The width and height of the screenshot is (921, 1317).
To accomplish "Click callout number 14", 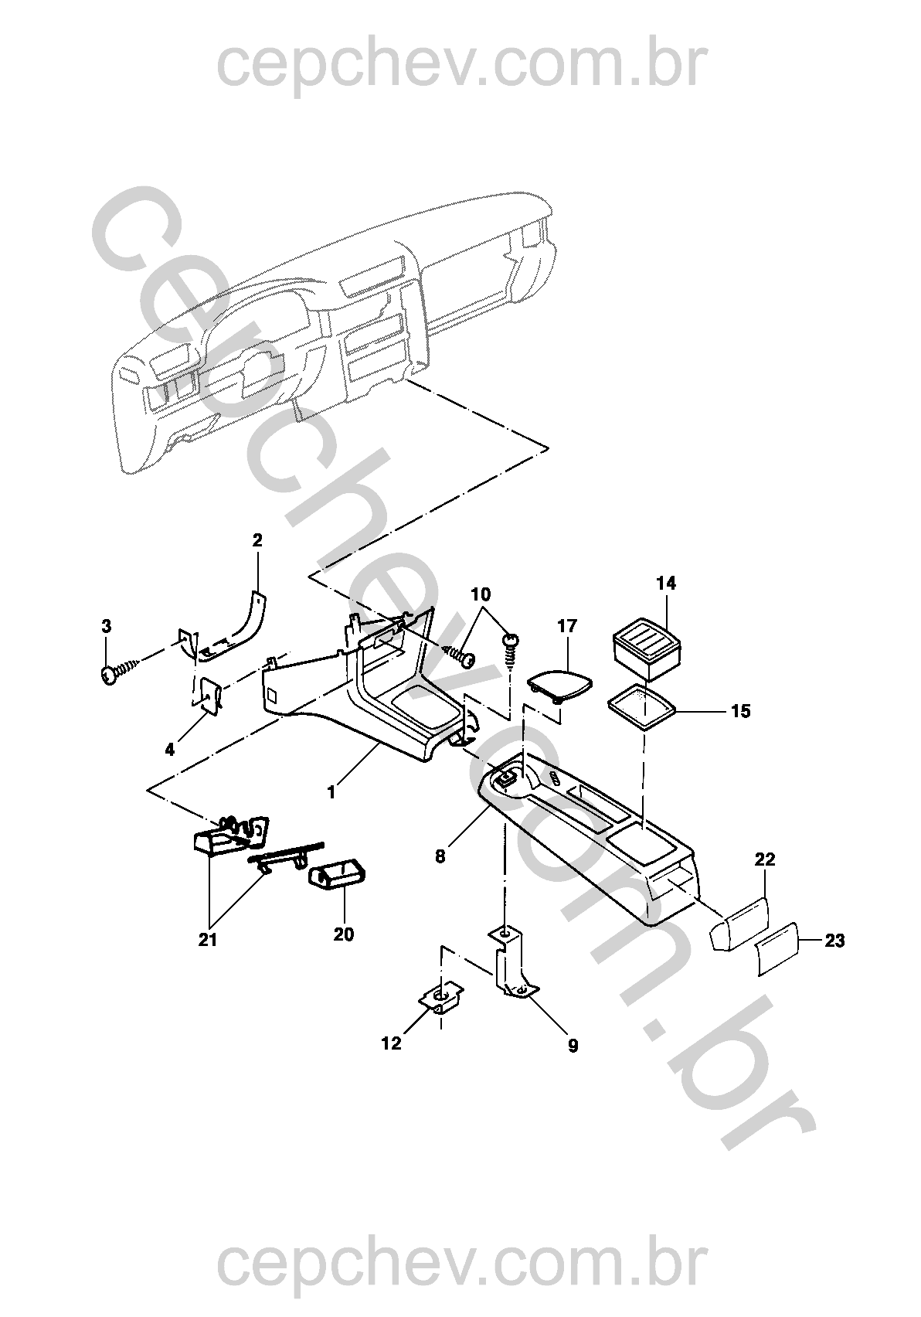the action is click(x=667, y=584).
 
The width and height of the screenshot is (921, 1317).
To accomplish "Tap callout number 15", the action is click(x=742, y=711).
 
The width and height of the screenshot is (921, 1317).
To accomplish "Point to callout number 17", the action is click(x=568, y=626).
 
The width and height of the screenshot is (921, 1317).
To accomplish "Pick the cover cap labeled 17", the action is click(x=560, y=685).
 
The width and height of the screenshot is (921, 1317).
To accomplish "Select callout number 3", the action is click(x=107, y=627).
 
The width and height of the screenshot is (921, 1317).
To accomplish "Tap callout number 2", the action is click(x=257, y=540).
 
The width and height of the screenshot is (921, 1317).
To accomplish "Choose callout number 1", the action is click(x=331, y=793).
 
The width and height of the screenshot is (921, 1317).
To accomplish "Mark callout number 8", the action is click(x=440, y=856).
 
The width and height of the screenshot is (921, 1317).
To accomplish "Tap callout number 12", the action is click(x=392, y=1044).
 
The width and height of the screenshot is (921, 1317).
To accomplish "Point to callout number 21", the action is click(x=208, y=940).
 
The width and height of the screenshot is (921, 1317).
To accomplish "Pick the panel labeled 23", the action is click(x=776, y=950).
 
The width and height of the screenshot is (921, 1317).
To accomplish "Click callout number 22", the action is click(x=765, y=859).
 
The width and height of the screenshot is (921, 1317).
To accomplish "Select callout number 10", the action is click(x=481, y=594).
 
